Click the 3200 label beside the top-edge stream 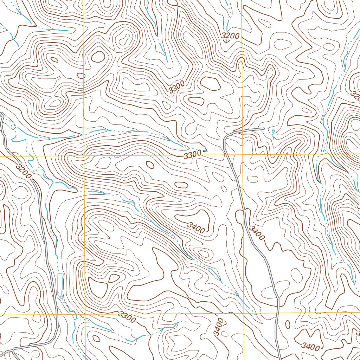[230, 36]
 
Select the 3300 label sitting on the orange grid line [192, 154]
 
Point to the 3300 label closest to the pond [127, 317]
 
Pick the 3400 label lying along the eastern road [256, 233]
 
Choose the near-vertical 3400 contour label [219, 327]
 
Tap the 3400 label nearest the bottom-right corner [310, 347]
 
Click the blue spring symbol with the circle [273, 132]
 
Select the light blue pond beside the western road [60, 284]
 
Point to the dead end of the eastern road [264, 129]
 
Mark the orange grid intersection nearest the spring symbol [243, 154]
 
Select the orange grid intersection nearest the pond [85, 314]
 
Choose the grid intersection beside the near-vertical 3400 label [244, 313]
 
